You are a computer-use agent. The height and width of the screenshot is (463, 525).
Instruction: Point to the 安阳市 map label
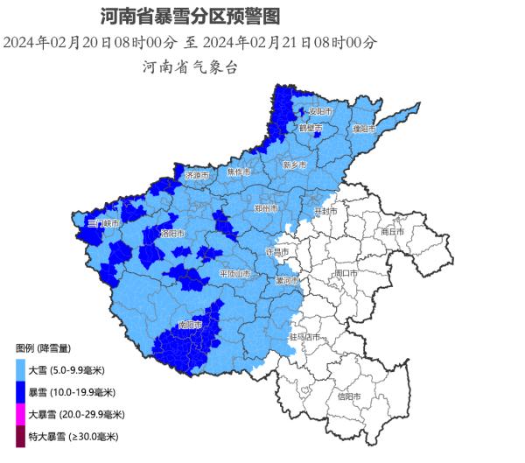pyautogui.click(x=320, y=112)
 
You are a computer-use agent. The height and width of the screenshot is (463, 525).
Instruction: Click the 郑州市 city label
pyautogui.click(x=265, y=209)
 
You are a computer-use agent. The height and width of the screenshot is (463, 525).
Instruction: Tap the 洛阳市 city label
pyautogui.click(x=172, y=234)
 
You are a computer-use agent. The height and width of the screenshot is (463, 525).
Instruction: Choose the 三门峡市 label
pyautogui.click(x=102, y=224)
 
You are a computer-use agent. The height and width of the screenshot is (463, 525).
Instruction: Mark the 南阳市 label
pyautogui.click(x=190, y=325)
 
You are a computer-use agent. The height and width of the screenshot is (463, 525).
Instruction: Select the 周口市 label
pyautogui.click(x=346, y=273)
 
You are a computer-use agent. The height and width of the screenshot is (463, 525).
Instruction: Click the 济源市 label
pyautogui.click(x=196, y=175)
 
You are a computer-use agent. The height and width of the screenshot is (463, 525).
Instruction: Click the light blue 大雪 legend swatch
pyautogui.click(x=19, y=370)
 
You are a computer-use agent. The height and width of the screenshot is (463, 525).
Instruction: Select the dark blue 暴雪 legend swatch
pyautogui.click(x=19, y=392)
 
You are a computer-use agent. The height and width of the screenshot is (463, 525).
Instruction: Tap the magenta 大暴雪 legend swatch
pyautogui.click(x=19, y=414)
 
